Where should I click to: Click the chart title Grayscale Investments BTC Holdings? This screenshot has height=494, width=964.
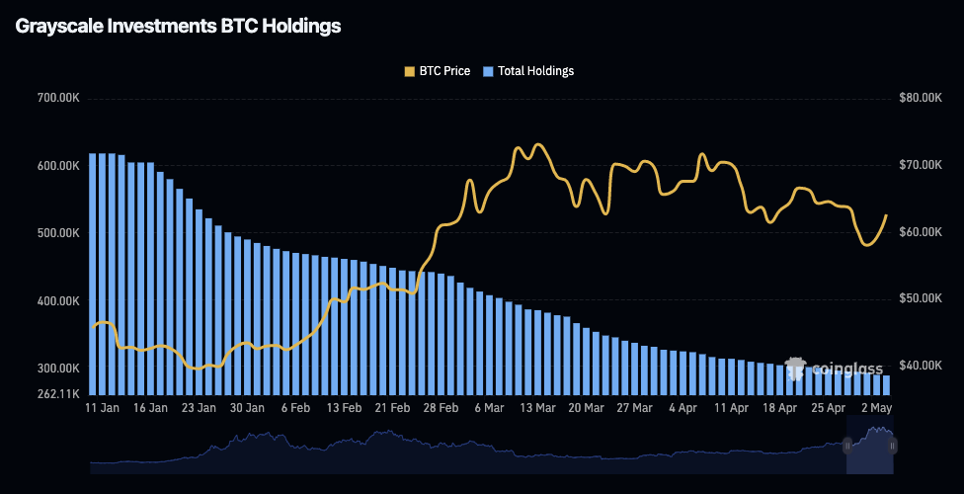point(179,27)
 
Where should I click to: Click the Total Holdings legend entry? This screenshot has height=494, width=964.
point(527,71)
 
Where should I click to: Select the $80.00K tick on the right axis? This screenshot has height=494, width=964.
point(924,99)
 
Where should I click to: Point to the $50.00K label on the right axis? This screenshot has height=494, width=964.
point(924,299)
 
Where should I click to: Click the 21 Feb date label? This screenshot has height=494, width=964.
point(392,408)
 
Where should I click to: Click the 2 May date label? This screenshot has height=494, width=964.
point(875,408)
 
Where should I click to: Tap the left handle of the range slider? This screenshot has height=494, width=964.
point(847,446)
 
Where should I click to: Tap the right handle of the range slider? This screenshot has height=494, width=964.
point(893,446)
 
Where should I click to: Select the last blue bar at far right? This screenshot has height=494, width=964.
point(886,384)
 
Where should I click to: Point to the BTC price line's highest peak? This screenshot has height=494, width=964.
point(537,144)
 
